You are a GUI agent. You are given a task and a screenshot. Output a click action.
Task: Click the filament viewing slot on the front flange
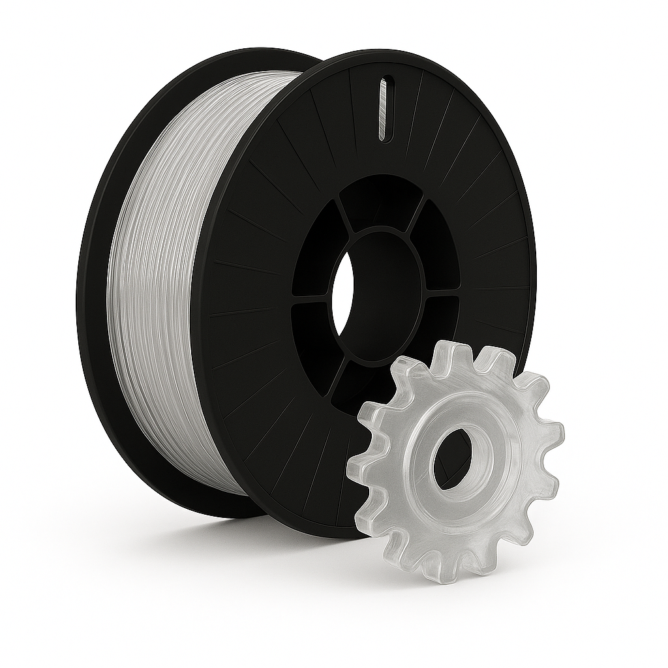pos(383,109)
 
